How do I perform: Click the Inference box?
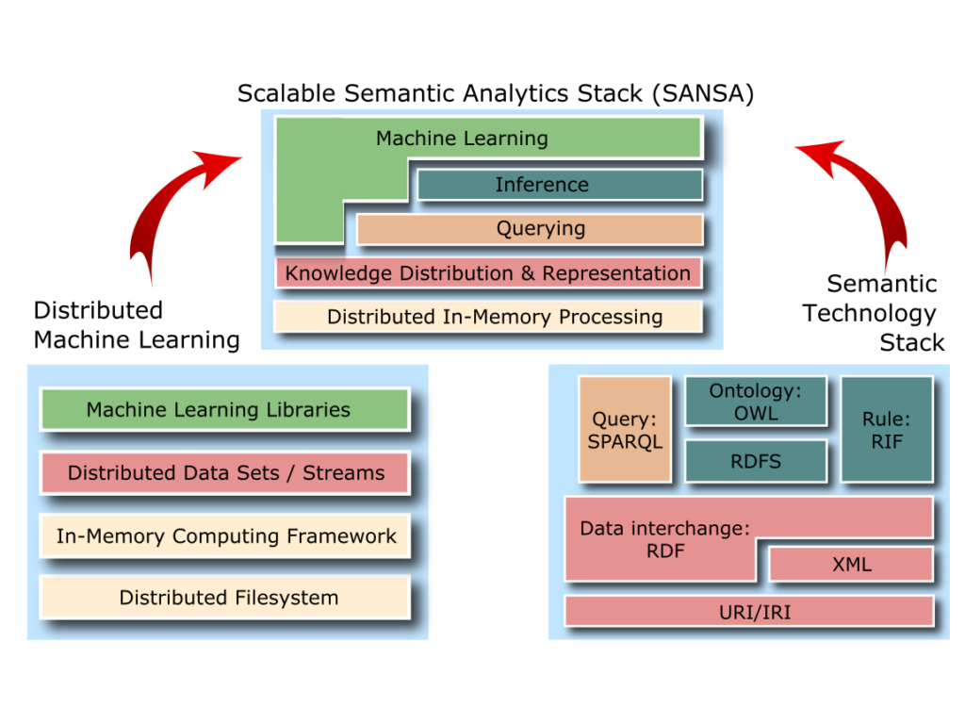click(560, 185)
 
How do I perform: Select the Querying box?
click(530, 229)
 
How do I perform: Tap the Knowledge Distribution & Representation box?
click(488, 273)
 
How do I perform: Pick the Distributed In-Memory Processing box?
click(488, 317)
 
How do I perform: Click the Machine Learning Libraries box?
click(224, 410)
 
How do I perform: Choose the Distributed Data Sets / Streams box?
click(224, 472)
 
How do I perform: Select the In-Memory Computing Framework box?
click(224, 536)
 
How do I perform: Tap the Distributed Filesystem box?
click(224, 598)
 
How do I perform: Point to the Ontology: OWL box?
click(756, 402)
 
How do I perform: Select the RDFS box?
click(756, 462)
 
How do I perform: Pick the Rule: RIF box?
click(887, 430)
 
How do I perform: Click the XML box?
click(851, 565)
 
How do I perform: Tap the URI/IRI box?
click(748, 612)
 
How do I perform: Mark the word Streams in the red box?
click(343, 473)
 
